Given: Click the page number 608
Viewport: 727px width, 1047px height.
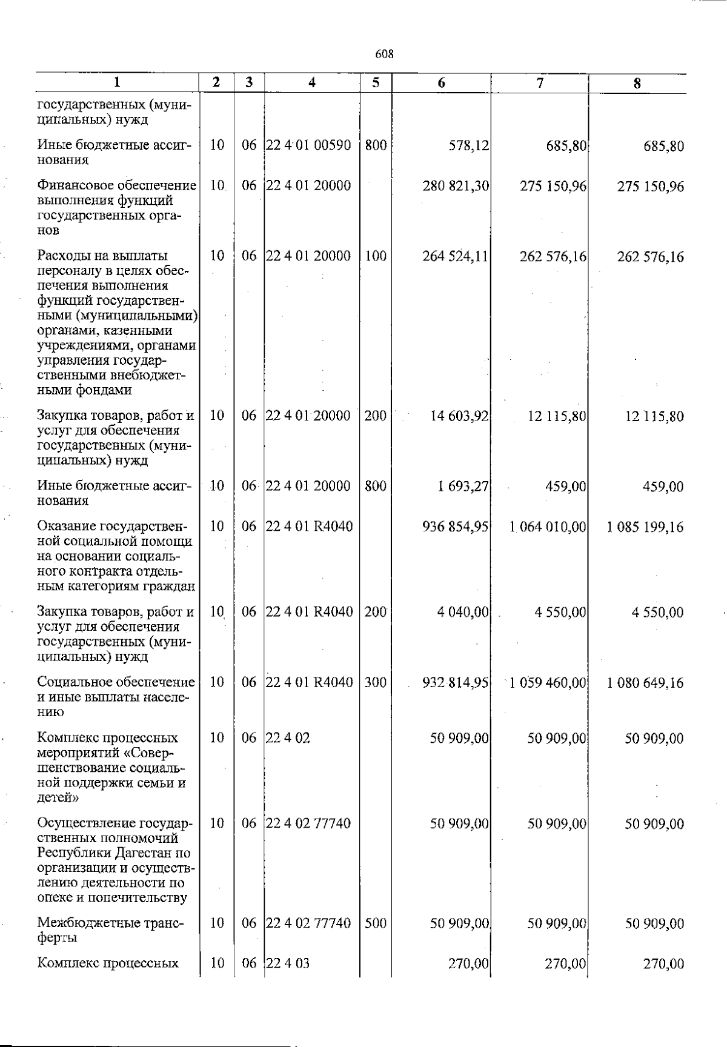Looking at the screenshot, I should click(x=385, y=54).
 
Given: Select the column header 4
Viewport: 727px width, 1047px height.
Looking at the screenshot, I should click(x=312, y=83).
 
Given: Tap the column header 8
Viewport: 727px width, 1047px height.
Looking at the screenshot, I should click(x=637, y=84).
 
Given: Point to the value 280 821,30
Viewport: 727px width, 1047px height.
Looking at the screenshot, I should click(x=456, y=186).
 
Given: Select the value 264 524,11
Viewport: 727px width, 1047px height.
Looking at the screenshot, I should click(x=456, y=256).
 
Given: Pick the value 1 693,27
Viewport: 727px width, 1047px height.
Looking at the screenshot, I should click(x=463, y=486).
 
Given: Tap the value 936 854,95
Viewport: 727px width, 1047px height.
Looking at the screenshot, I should click(x=456, y=527).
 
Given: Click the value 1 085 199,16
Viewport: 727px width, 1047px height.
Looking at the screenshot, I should click(x=645, y=527).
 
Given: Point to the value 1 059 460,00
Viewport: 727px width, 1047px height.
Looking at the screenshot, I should click(x=548, y=683).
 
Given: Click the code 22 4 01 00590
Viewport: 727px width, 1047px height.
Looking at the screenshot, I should click(x=309, y=145).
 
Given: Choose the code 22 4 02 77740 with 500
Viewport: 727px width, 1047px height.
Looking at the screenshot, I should click(x=309, y=923).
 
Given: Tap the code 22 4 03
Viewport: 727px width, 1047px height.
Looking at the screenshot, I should click(x=288, y=963).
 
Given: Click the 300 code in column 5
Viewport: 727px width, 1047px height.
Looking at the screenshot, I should click(x=376, y=682).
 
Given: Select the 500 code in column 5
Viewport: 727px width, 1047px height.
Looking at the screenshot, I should click(x=376, y=923).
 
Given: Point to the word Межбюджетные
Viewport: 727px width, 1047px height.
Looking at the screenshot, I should click(x=82, y=923).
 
